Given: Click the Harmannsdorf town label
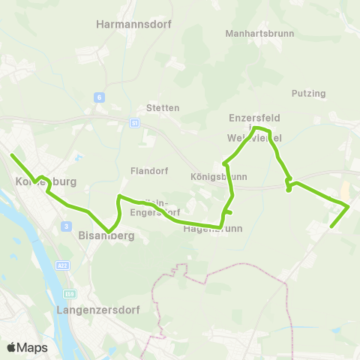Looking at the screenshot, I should coord(134,24).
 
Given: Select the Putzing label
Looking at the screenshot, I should coord(308,94).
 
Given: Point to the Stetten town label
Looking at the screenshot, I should coord(163,108).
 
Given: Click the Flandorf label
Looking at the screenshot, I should coord(147,169).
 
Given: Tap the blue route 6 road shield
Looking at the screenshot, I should coord(98,97).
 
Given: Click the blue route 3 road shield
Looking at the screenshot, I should coord(66,226).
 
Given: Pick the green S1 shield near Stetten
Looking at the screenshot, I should coord(134,122).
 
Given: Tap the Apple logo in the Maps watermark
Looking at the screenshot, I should coord(12,347).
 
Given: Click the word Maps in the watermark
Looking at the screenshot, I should coord(32,347).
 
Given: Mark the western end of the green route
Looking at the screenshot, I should coord(12,155).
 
